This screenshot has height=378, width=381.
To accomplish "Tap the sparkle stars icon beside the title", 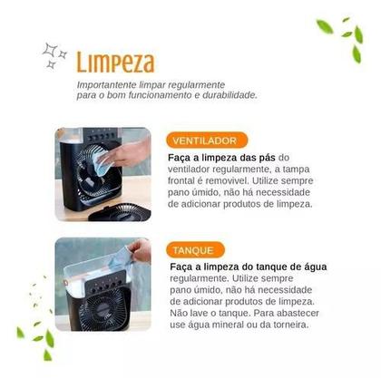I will (55, 55).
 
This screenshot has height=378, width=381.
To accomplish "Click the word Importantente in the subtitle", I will (103, 83).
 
